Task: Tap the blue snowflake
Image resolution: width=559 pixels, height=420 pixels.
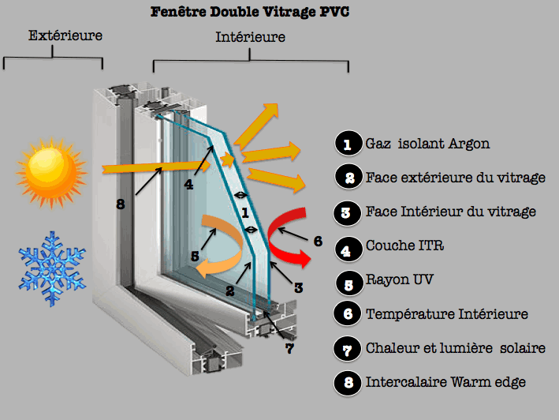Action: (x=53, y=269)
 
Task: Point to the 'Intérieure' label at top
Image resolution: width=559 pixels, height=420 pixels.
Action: (x=250, y=37)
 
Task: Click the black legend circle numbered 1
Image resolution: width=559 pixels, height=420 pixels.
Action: (x=347, y=144)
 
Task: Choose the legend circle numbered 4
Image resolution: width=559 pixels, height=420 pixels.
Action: (x=347, y=246)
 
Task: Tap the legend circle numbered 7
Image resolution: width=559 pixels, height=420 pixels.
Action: (x=347, y=348)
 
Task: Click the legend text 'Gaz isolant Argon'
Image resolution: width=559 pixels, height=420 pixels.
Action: (x=427, y=144)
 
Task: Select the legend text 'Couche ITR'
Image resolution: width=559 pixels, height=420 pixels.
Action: (x=405, y=246)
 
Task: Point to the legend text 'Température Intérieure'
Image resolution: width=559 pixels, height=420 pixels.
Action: (x=446, y=314)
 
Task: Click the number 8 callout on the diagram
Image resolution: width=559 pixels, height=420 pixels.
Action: (x=121, y=204)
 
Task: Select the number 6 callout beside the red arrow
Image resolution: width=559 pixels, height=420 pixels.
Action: (x=318, y=241)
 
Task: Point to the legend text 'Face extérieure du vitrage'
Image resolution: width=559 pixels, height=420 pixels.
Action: (x=456, y=178)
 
